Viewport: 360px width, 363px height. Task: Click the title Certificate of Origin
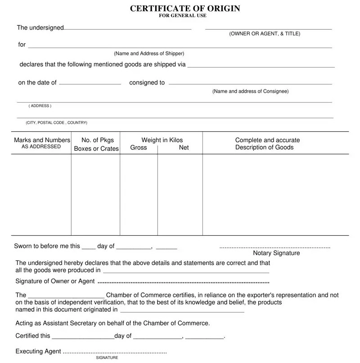185,9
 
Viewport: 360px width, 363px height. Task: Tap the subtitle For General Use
183,16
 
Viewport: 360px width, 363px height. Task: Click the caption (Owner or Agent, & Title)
265,34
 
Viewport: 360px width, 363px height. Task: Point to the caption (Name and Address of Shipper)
149,54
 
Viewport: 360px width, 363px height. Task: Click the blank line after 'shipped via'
261,67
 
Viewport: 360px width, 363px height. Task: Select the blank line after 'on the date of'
90,84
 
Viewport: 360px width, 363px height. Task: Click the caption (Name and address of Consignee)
250,91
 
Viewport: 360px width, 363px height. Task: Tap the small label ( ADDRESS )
40,106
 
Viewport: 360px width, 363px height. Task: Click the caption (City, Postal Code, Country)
57,123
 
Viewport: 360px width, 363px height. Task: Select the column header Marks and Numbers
42,140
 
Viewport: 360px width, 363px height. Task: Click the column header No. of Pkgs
98,140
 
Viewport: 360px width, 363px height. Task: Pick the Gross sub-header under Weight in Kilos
139,148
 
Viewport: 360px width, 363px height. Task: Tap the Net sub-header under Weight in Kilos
184,148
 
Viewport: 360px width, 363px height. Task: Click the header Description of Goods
264,148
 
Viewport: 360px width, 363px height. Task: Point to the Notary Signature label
276,253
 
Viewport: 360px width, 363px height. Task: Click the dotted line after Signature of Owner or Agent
183,282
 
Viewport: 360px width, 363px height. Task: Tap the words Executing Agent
38,351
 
